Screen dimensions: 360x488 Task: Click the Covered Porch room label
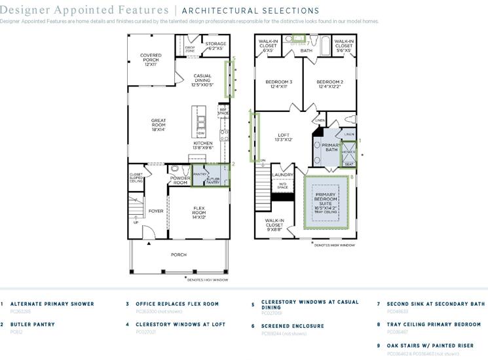[150, 60]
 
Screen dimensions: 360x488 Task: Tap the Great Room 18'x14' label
[158, 125]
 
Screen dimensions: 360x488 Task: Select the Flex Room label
[199, 213]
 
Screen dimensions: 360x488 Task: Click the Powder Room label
[180, 180]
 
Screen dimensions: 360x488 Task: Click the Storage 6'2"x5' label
[216, 46]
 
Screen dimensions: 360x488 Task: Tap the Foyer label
[156, 211]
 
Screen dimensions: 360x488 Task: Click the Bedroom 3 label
[278, 84]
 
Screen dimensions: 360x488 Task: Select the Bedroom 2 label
[329, 84]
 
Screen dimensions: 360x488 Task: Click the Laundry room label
[282, 175]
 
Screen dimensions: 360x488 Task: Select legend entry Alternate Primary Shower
[52, 304]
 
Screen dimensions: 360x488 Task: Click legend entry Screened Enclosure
[292, 325]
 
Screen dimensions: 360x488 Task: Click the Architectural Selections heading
[250, 11]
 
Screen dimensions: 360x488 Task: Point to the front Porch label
[178, 255]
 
